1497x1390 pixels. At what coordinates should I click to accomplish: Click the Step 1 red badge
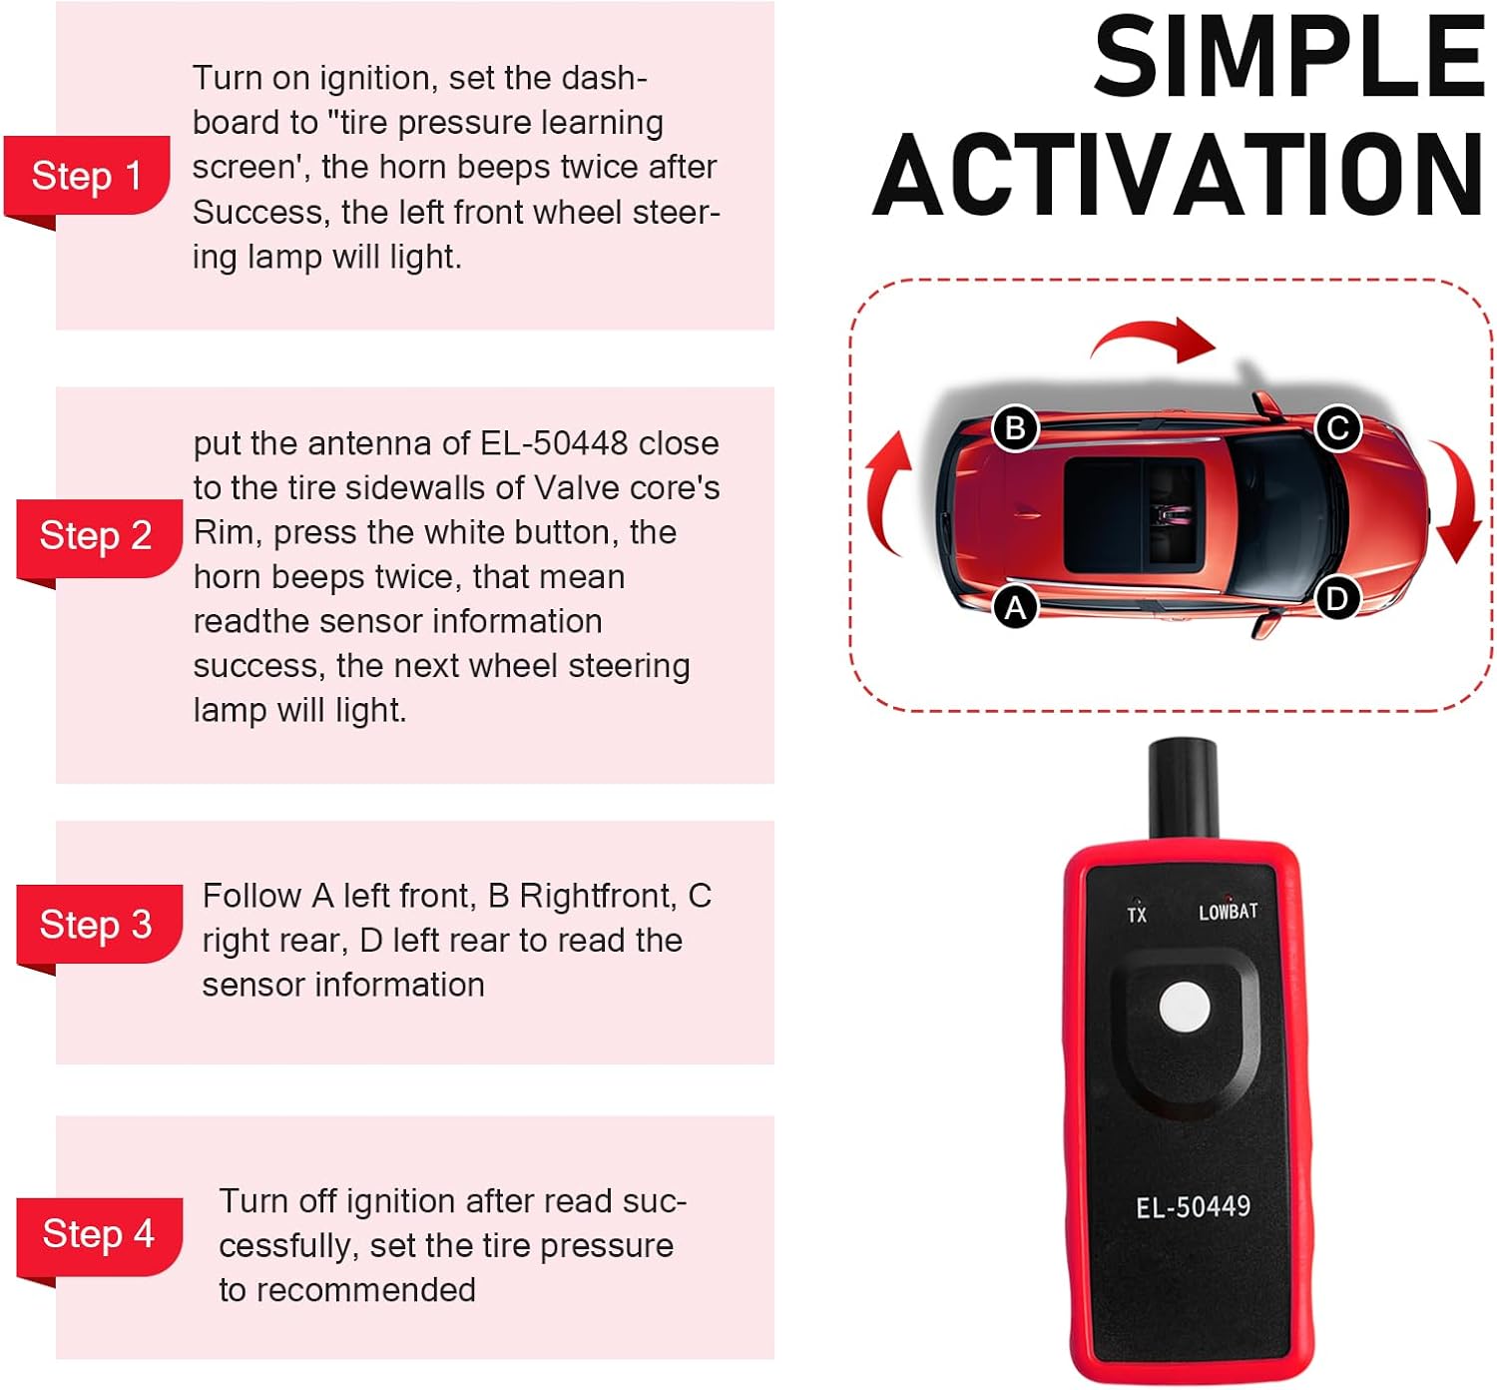tap(87, 177)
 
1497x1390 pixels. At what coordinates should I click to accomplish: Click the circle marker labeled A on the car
tap(1015, 607)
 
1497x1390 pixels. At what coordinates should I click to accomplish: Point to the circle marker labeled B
tap(1015, 428)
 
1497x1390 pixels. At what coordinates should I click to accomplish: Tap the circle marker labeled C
tap(1338, 428)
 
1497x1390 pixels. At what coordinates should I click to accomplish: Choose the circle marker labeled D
tap(1338, 599)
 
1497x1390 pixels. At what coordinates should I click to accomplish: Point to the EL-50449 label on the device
tap(1194, 1206)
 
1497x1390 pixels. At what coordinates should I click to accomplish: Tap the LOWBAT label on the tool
tap(1228, 912)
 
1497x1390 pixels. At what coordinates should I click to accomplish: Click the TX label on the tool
tap(1137, 915)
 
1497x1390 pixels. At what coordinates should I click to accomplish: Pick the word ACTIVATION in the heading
tap(1180, 174)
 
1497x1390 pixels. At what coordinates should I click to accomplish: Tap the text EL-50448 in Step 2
tap(553, 443)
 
